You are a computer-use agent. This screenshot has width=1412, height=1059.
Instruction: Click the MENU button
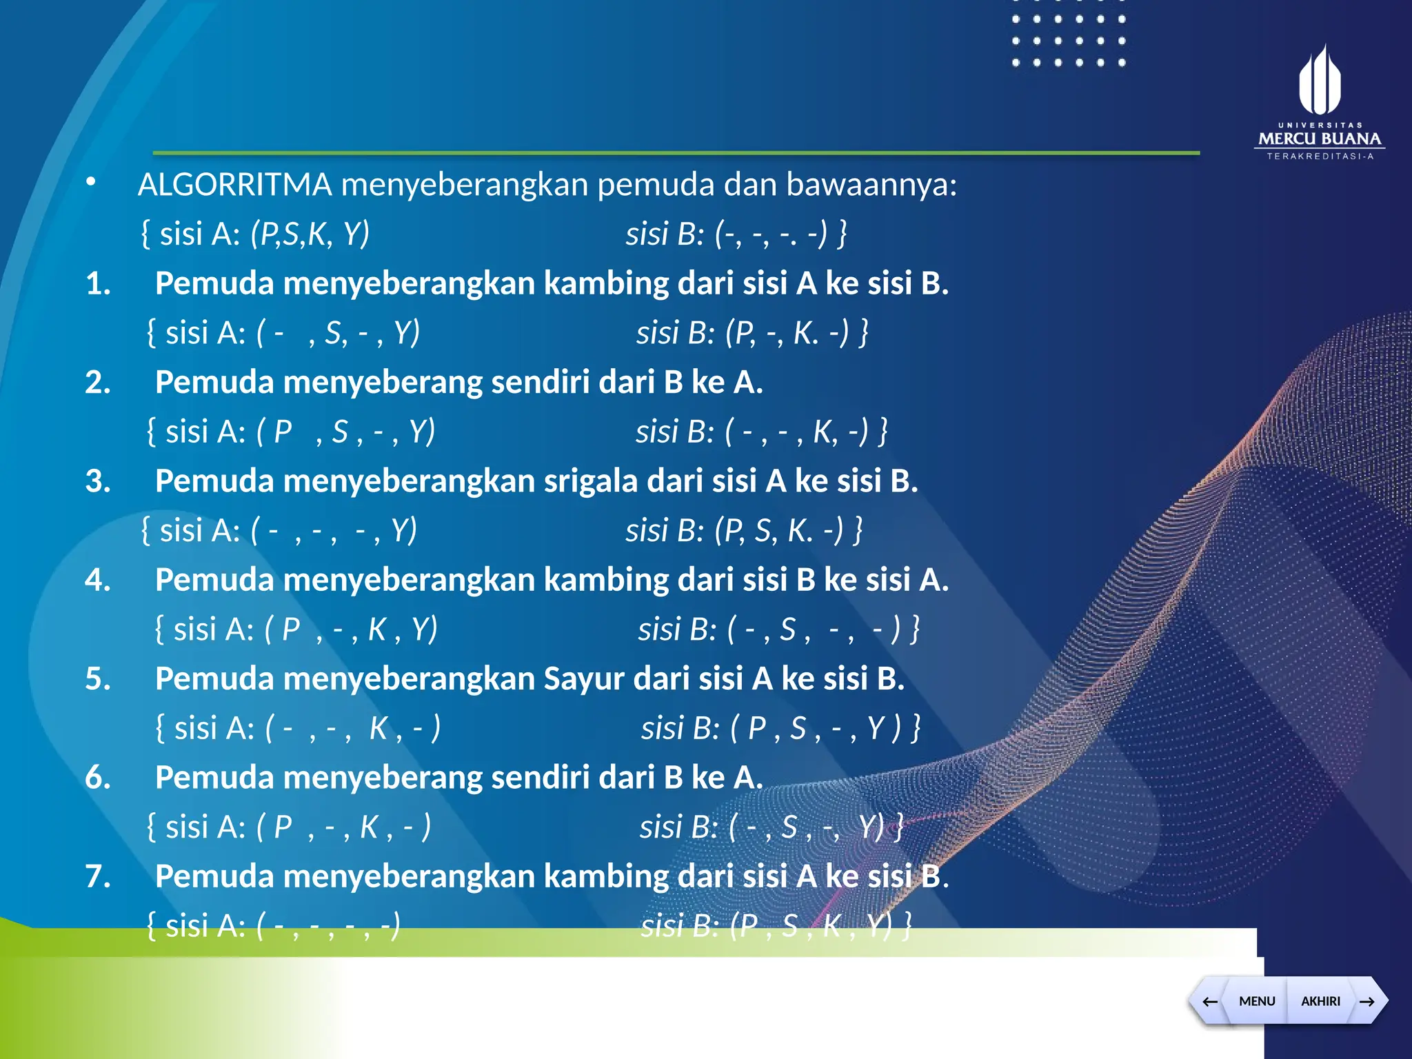[x=1256, y=1001]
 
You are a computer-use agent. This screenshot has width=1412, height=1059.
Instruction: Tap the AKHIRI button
[x=1320, y=1001]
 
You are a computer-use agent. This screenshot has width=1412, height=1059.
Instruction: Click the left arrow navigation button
[x=1209, y=1001]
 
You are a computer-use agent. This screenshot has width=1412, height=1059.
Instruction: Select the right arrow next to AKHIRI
[x=1367, y=1001]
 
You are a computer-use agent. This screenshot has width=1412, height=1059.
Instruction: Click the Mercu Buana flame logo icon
[x=1319, y=80]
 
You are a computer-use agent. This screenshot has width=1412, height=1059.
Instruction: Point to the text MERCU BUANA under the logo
[x=1319, y=139]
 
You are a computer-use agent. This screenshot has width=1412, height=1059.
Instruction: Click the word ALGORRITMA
[x=234, y=185]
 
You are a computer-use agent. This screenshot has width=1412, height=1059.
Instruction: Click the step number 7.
[x=98, y=876]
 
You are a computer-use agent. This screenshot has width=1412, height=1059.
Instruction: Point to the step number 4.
[x=98, y=580]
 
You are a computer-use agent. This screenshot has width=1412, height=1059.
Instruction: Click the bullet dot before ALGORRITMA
[x=90, y=182]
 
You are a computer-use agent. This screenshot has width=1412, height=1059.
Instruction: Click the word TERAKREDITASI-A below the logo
[x=1320, y=157]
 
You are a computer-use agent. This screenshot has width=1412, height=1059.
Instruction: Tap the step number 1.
[x=98, y=283]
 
